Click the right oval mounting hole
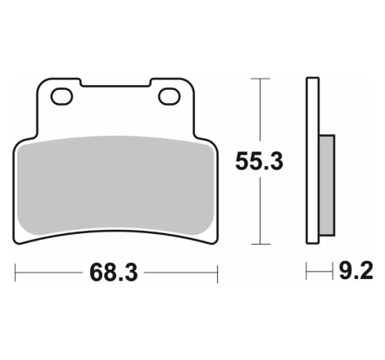[170, 97]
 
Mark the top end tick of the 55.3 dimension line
[260, 79]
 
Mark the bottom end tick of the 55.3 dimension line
[260, 244]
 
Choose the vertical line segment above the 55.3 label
[260, 110]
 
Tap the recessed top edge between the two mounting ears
[115, 85]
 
